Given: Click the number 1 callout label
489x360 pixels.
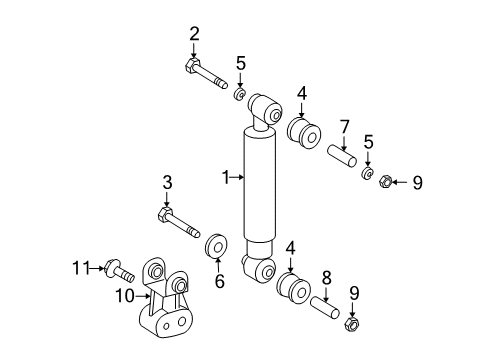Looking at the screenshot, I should point(226,178).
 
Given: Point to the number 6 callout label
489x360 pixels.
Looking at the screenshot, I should point(219,282).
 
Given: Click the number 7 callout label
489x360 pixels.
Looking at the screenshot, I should point(343,127).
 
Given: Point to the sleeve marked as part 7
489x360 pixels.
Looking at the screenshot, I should point(343,158).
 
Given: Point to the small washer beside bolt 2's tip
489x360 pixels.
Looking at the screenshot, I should point(240,95).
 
